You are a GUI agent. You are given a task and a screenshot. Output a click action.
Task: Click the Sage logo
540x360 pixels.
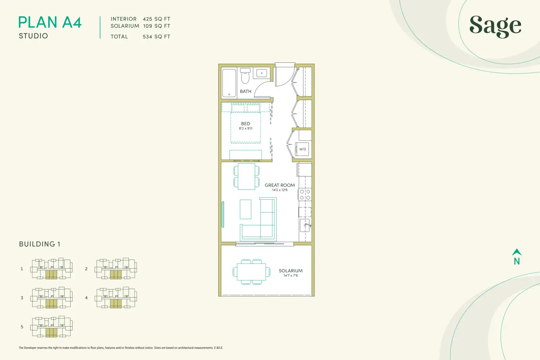495,26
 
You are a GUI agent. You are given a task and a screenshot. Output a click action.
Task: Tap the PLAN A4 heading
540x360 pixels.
50,22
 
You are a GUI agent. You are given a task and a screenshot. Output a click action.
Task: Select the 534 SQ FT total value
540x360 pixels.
157,37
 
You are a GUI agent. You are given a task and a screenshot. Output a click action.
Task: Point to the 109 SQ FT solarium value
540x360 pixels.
157,26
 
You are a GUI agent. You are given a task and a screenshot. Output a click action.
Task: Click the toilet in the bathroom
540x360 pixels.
245,76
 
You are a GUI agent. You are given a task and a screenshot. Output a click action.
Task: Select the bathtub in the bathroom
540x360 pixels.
229,83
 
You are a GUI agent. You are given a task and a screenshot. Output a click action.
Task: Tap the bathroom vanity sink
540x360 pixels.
262,73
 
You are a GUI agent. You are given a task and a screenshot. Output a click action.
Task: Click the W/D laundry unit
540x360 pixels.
302,149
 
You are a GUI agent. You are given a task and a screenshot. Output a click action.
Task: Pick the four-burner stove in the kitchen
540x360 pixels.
305,194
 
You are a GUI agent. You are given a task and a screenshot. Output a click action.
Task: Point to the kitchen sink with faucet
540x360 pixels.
305,225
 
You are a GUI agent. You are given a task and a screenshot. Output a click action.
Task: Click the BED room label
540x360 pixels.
246,123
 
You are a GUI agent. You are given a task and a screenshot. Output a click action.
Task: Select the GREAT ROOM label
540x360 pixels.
280,185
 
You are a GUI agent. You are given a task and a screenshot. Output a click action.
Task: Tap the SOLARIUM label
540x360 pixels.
291,271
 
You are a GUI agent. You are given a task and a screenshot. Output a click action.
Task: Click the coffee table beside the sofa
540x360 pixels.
245,209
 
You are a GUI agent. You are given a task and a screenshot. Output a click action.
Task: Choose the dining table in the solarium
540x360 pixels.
251,272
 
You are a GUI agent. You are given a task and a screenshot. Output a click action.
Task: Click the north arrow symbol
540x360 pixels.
517,252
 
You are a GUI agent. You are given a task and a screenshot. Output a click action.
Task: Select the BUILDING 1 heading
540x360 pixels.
39,244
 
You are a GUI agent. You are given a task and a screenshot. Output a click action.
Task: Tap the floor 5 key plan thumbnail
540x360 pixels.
51,327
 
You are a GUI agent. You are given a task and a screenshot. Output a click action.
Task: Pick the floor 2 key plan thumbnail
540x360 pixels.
116,269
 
